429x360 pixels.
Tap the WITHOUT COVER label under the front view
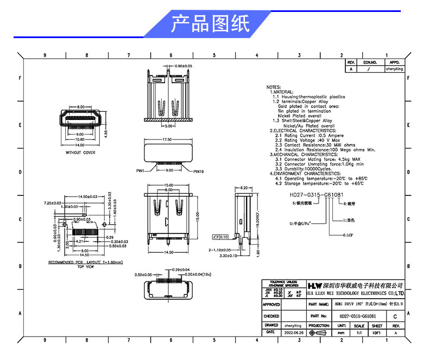[x=80, y=153]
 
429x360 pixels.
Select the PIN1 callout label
[x=140, y=170]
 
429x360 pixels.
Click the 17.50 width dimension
[x=167, y=140]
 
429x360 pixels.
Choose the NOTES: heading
[x=273, y=87]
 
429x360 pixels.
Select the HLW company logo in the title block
[x=314, y=285]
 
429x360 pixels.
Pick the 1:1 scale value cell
[x=359, y=332]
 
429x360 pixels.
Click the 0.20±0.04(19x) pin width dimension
[x=190, y=274]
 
